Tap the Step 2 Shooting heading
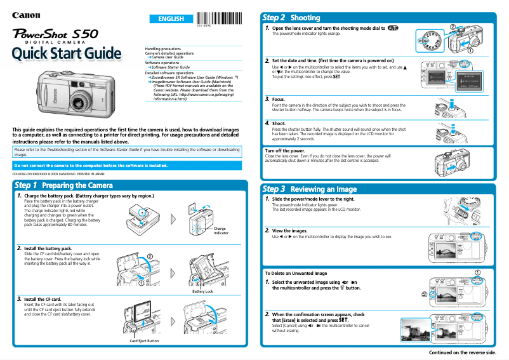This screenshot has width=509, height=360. (291, 18)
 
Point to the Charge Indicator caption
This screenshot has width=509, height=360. (220, 230)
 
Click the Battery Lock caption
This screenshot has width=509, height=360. (202, 291)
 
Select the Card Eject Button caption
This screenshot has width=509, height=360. (144, 341)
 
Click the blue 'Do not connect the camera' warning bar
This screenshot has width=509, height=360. (91, 165)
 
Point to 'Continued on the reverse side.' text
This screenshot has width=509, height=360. (463, 352)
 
